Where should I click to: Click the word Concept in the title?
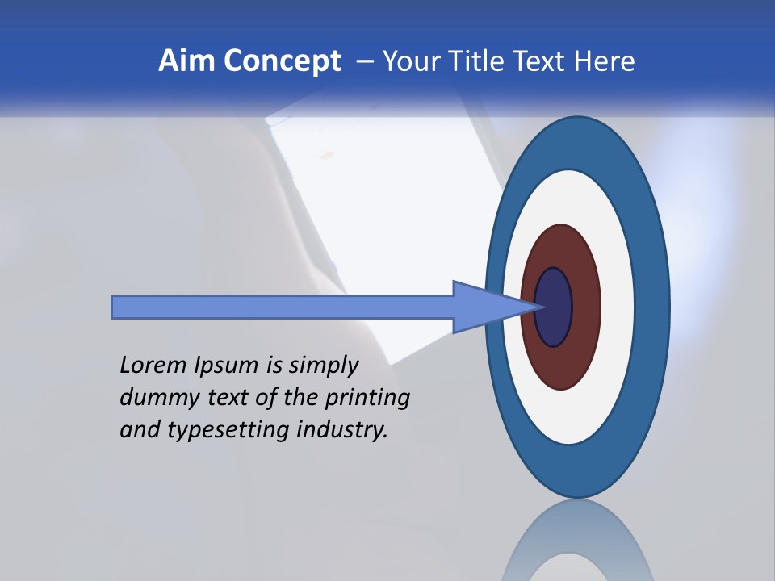click(283, 61)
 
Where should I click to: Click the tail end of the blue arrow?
click(114, 307)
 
